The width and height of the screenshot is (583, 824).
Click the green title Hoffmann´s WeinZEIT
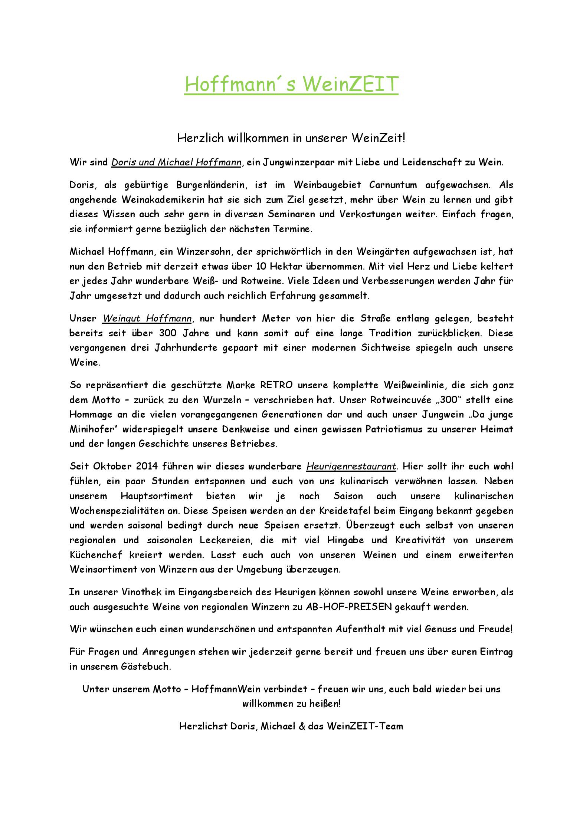pos(291,84)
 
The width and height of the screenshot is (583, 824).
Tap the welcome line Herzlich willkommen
pos(291,138)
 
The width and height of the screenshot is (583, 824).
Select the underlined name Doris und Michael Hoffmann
pos(176,162)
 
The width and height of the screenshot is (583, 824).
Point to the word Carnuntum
pos(393,185)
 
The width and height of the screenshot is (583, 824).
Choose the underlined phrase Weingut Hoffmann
pos(147,318)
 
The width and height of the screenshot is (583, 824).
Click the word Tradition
pos(390,333)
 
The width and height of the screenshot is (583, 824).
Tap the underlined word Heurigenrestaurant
pos(351,466)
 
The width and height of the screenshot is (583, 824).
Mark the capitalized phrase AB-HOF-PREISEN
pos(349,607)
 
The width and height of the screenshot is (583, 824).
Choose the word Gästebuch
pos(146,666)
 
